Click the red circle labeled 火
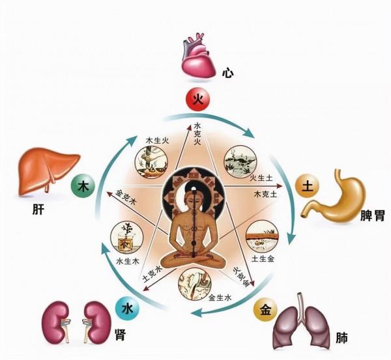(x=196, y=100)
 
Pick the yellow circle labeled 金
(x=266, y=308)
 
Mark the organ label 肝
(x=27, y=212)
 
